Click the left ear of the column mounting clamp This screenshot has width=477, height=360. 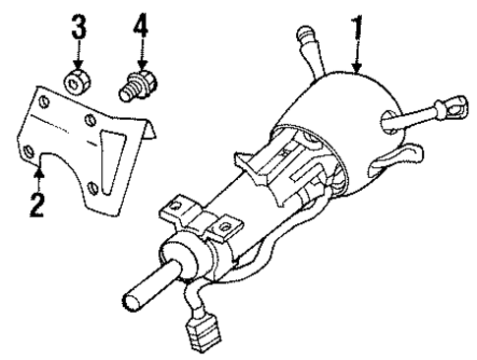click(x=176, y=208)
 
